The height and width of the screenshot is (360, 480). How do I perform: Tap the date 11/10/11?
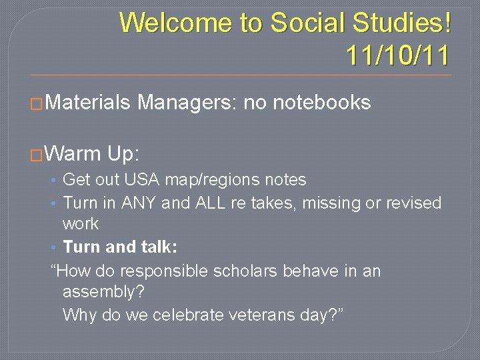(x=398, y=55)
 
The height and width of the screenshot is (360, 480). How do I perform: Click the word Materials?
(x=89, y=103)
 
